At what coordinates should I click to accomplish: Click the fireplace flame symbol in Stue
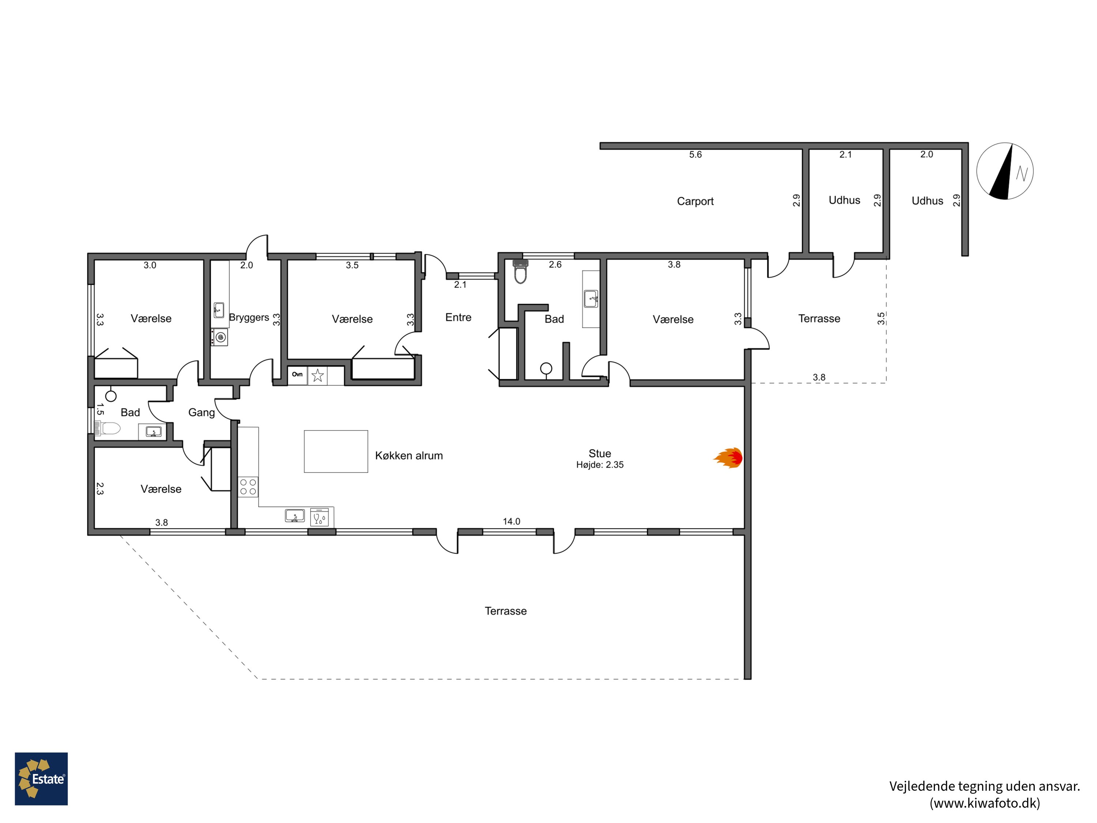728,457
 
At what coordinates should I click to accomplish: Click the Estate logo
41,778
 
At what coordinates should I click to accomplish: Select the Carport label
695,202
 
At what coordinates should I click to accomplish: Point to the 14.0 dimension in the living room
511,521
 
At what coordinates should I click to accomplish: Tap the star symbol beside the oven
317,376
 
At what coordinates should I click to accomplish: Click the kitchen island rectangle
336,451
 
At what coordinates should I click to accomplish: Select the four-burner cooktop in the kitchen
248,486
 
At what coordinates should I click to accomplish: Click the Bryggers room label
249,317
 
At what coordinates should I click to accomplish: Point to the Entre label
458,317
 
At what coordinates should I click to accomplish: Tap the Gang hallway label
201,413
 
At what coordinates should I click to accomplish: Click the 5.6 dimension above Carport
695,155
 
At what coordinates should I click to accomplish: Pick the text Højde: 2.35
600,465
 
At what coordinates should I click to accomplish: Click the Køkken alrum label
409,456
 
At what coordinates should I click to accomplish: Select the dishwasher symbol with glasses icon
319,517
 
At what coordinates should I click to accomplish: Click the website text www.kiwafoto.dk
984,803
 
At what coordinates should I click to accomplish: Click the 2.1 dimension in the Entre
460,285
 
